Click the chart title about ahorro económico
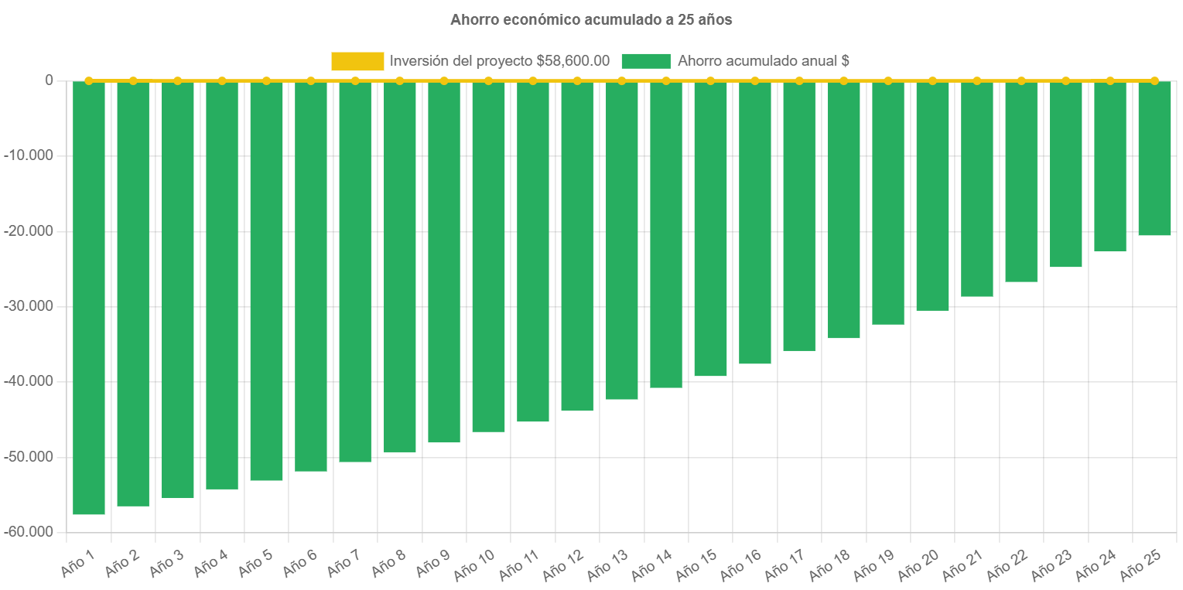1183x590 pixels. click(x=591, y=20)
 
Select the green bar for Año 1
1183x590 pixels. click(x=89, y=298)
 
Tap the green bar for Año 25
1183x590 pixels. click(x=1154, y=159)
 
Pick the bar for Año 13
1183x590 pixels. click(x=621, y=240)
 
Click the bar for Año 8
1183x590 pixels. click(x=399, y=267)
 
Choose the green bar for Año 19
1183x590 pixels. click(x=888, y=203)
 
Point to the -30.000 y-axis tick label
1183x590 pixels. click(x=29, y=306)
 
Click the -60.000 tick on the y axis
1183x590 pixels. click(x=29, y=532)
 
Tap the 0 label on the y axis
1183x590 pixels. click(x=49, y=80)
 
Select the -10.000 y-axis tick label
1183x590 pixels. click(x=29, y=155)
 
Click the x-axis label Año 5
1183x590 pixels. click(x=255, y=564)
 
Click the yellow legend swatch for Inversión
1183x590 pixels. click(x=357, y=61)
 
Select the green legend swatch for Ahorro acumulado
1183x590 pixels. click(x=645, y=61)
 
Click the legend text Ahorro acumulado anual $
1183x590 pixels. click(x=764, y=61)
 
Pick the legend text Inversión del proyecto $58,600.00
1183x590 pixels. click(x=500, y=61)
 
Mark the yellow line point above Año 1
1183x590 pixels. click(x=89, y=80)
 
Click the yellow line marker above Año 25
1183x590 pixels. click(x=1154, y=80)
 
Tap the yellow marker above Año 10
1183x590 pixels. click(x=488, y=80)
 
